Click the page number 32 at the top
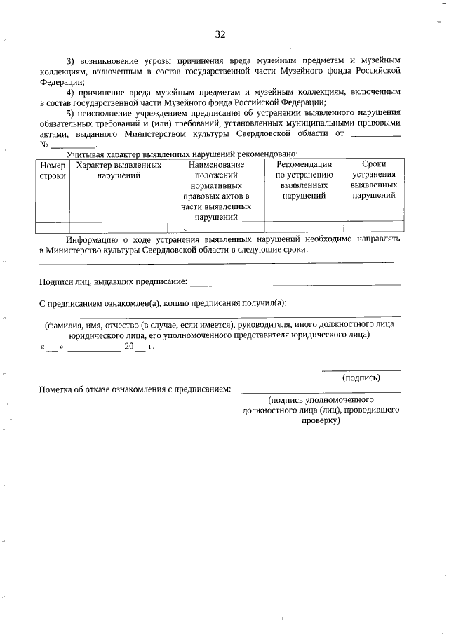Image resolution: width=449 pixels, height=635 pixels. point(220,34)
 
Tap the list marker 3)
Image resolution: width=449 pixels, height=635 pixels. point(71,60)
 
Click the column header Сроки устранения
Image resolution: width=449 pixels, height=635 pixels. point(373,180)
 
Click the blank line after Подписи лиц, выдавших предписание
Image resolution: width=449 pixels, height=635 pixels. point(295,283)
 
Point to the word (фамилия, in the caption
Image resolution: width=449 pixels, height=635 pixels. point(65,325)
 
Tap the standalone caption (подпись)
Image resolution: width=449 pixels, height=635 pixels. point(361,377)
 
